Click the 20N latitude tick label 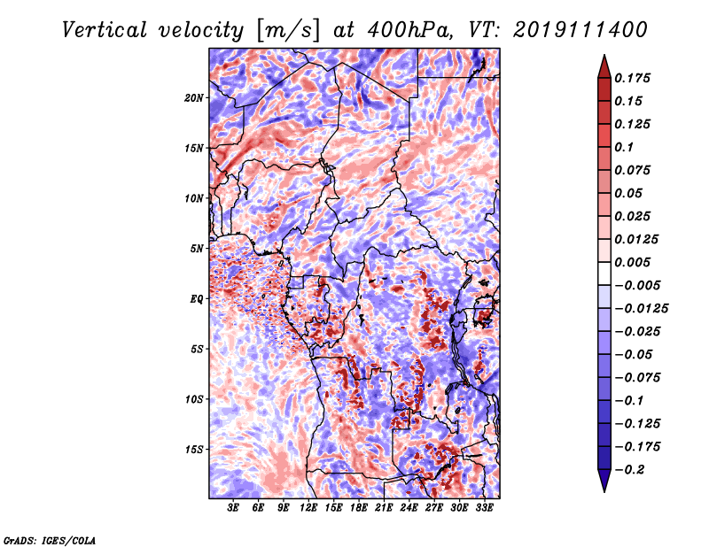point(194,97)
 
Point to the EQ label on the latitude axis point(197,299)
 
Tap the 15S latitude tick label point(194,450)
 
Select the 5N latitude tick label point(197,249)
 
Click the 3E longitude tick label point(234,508)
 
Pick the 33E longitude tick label point(484,508)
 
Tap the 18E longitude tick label point(359,508)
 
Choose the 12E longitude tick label point(308,508)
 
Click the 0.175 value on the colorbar point(635,78)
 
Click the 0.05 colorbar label point(629,193)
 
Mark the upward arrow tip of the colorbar point(604,56)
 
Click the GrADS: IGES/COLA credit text point(49,539)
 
